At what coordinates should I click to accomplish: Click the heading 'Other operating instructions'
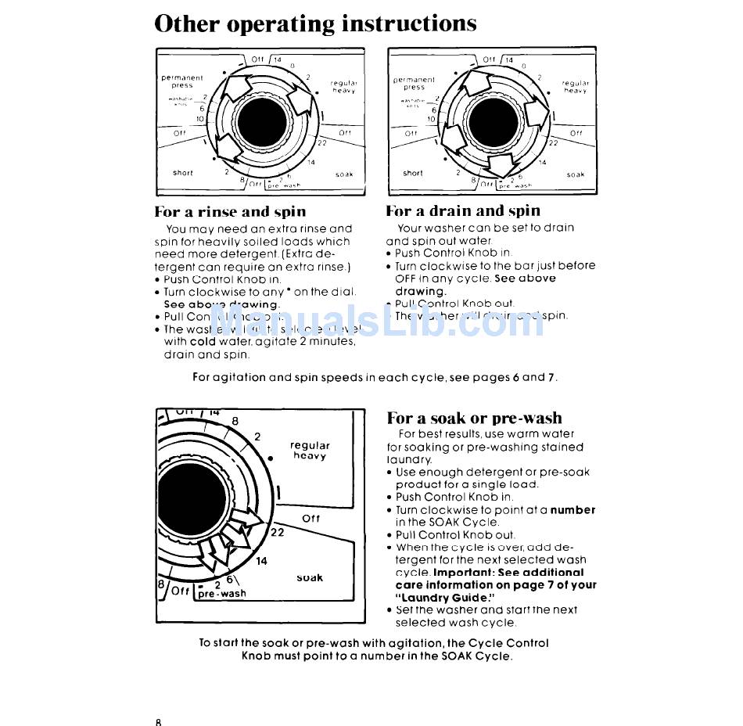pos(315,23)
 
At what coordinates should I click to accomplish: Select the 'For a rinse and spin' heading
pos(230,211)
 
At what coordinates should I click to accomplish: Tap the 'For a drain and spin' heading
pos(463,210)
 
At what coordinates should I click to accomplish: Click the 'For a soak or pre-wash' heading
pos(474,418)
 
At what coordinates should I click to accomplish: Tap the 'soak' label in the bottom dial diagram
pos(310,578)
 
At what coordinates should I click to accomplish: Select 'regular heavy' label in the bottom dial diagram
pos(310,451)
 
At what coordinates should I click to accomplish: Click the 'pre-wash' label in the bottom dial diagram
pos(222,594)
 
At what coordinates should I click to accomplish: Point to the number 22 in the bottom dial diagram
pos(277,532)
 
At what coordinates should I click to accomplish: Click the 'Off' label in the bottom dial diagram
pos(310,519)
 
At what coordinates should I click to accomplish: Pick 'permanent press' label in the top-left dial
pos(182,81)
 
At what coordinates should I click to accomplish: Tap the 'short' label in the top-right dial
pos(413,173)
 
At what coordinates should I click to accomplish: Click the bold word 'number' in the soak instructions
pos(573,510)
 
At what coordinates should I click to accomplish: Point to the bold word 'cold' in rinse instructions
pos(202,342)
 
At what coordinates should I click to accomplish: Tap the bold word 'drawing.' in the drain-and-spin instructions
pos(420,291)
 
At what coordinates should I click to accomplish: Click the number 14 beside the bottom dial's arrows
pos(261,561)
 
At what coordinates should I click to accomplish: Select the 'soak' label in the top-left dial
pos(344,174)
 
